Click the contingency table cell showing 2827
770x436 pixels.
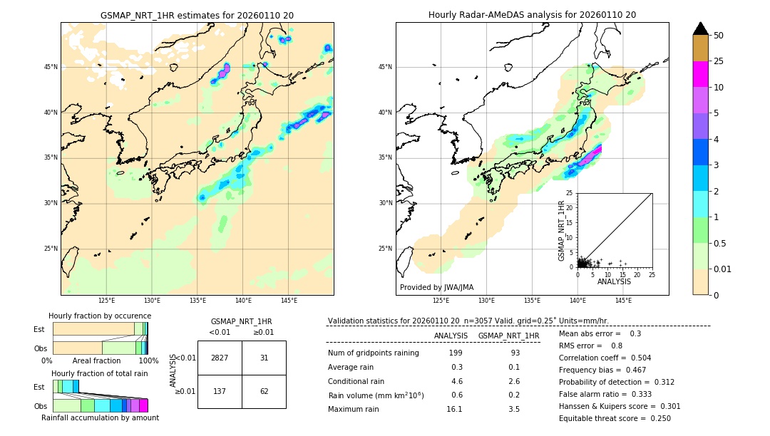click(x=220, y=358)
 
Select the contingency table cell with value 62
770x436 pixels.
click(x=264, y=391)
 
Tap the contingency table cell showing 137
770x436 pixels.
click(x=220, y=391)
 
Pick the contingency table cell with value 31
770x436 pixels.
click(x=264, y=358)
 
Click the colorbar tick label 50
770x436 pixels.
click(x=719, y=36)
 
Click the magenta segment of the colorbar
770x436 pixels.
click(x=701, y=74)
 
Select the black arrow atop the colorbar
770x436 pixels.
click(x=701, y=28)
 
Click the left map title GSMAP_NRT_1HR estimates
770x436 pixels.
click(x=197, y=15)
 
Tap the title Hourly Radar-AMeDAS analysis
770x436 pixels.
click(x=532, y=15)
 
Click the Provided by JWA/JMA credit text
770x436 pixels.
click(x=436, y=287)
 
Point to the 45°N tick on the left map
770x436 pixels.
click(x=51, y=67)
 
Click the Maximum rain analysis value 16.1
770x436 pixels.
click(x=454, y=409)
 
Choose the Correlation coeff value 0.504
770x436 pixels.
click(x=636, y=358)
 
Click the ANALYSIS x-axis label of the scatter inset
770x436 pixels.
click(x=614, y=281)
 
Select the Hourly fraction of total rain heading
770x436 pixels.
click(x=100, y=373)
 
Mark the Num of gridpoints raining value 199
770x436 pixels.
click(x=456, y=353)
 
